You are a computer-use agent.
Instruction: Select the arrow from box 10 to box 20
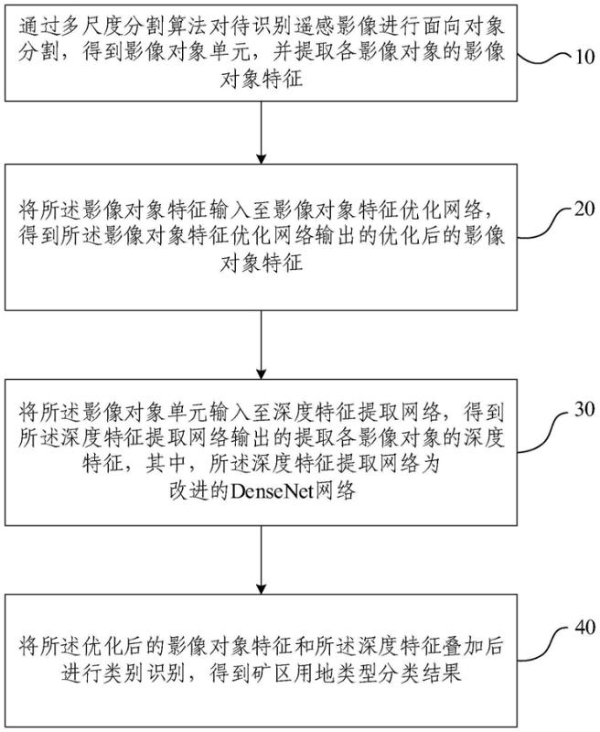click(x=262, y=133)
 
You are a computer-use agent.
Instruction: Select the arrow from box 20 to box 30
click(x=262, y=343)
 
